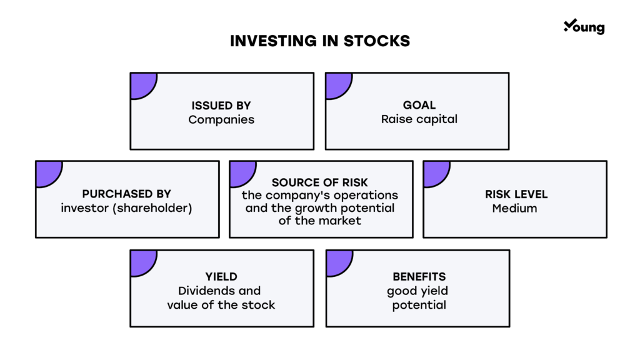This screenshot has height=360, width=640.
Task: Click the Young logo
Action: (x=584, y=26)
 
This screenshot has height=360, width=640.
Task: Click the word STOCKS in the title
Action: (x=376, y=41)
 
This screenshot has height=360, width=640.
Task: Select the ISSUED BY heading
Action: (x=221, y=105)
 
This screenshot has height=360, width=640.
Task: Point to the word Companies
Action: (x=221, y=119)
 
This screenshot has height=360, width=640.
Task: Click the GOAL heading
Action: (x=419, y=105)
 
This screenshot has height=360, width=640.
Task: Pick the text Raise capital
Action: (x=419, y=119)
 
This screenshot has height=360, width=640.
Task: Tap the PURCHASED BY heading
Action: (x=126, y=194)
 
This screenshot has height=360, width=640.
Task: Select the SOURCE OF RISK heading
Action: (x=319, y=182)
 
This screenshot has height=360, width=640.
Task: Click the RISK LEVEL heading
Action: (x=516, y=194)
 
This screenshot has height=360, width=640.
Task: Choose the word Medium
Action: (x=515, y=208)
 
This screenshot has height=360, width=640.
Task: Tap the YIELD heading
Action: (x=221, y=277)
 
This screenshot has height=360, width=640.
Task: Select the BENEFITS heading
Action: (x=419, y=277)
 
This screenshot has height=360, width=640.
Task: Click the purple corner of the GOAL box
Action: (x=336, y=84)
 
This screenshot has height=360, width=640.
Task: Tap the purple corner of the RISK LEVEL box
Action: (x=434, y=171)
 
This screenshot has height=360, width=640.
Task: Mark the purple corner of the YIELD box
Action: (x=141, y=261)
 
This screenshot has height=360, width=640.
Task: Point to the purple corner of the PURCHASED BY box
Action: (x=46, y=171)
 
